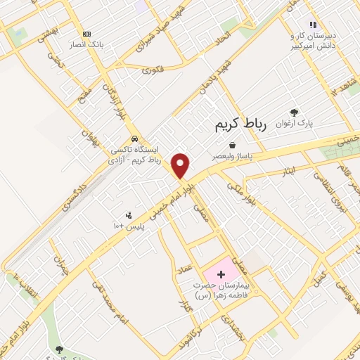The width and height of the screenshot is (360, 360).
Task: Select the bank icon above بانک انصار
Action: click(86, 34)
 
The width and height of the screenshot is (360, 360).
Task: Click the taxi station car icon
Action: click(134, 139)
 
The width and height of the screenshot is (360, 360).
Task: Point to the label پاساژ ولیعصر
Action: click(231, 156)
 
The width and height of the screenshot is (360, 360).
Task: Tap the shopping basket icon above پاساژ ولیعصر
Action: click(231, 145)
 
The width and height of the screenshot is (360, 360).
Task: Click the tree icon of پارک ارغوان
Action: click(294, 112)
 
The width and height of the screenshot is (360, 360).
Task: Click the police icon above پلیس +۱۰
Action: click(129, 216)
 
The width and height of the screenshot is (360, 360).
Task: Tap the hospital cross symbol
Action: click(218, 272)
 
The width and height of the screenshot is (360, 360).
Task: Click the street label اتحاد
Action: click(229, 30)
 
